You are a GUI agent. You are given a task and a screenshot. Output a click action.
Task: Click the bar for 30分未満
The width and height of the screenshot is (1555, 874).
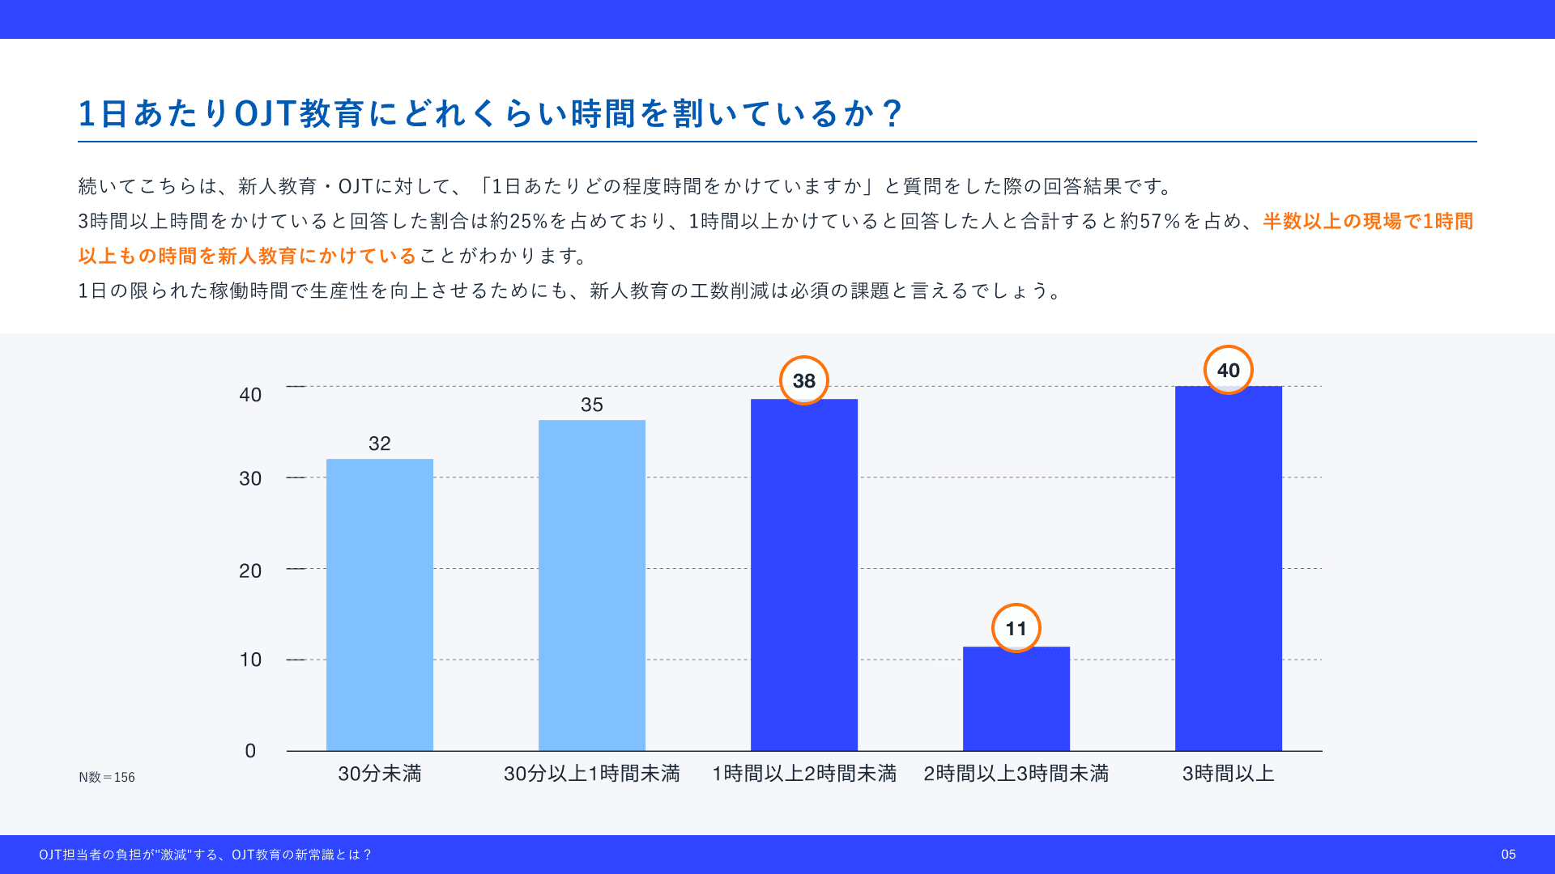(379, 605)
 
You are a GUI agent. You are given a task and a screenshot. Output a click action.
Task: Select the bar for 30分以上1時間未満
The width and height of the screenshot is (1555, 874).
(591, 585)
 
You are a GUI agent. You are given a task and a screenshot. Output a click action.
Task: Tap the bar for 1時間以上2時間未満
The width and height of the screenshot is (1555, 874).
(803, 575)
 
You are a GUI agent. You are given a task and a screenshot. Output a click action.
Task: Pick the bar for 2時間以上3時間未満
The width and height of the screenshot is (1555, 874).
(1016, 698)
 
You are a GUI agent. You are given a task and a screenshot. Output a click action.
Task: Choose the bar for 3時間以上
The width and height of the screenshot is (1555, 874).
(1228, 568)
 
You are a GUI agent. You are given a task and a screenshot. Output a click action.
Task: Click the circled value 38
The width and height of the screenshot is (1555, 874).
(803, 380)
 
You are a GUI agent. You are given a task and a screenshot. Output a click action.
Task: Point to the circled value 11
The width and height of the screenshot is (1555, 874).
(1016, 628)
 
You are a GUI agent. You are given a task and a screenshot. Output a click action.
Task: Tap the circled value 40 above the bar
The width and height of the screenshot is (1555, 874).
(1228, 370)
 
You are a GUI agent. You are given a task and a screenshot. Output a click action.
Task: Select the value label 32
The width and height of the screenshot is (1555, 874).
(379, 443)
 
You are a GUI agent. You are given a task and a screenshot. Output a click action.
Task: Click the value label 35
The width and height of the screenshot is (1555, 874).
(591, 405)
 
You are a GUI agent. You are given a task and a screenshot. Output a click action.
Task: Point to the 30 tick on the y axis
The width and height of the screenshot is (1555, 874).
(250, 478)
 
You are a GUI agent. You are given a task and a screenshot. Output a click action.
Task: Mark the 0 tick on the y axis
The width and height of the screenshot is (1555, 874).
(250, 751)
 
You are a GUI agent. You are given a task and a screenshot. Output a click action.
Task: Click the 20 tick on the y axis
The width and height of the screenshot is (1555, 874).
(250, 571)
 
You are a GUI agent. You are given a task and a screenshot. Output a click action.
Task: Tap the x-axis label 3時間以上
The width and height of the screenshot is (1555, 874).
(1228, 774)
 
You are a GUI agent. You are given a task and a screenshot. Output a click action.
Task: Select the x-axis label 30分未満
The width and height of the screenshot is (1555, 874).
(379, 774)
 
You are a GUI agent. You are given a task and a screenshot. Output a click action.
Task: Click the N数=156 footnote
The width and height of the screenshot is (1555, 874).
(107, 777)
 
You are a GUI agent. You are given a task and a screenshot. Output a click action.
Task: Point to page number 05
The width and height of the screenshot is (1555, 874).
(1508, 855)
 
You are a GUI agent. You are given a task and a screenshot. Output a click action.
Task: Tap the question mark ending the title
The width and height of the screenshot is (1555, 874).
(893, 113)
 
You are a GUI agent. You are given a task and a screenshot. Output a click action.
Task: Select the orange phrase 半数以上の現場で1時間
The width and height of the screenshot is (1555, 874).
(1368, 221)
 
